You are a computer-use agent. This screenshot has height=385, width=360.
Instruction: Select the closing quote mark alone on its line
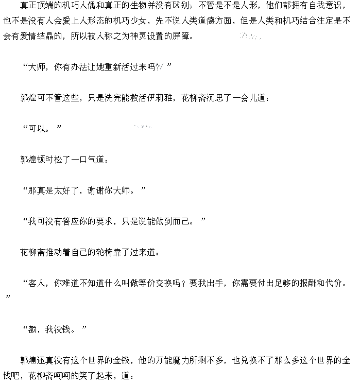pos(8,297)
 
